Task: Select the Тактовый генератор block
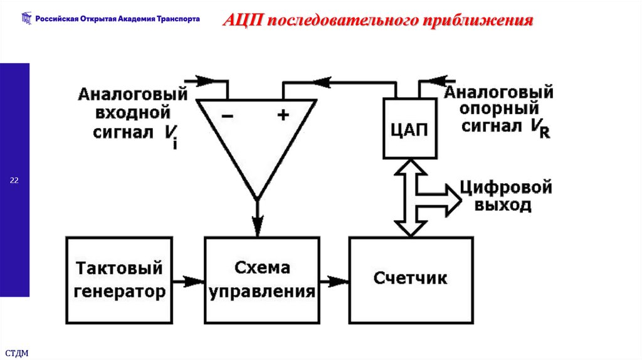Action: [x=119, y=280]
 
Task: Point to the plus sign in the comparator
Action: [x=283, y=116]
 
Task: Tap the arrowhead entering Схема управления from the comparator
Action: [x=257, y=226]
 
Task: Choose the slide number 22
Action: [x=14, y=181]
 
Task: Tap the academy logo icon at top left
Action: [x=25, y=19]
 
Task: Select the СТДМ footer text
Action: [x=16, y=353]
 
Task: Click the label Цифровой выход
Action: [x=505, y=196]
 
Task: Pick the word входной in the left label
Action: [x=132, y=113]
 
